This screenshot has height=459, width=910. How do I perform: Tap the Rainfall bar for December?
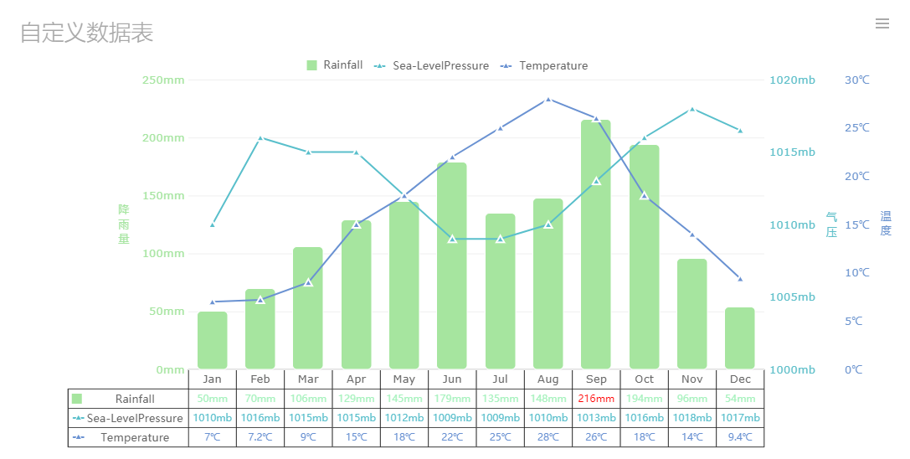(740, 338)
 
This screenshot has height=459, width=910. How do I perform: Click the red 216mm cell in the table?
(596, 399)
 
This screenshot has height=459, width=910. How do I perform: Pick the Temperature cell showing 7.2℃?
(260, 437)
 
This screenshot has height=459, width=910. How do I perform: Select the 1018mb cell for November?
(692, 418)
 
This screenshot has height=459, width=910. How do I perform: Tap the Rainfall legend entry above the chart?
(335, 65)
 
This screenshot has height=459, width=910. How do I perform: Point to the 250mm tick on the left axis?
(163, 80)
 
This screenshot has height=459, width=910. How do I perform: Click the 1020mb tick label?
(792, 80)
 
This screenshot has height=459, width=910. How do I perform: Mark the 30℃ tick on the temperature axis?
(857, 80)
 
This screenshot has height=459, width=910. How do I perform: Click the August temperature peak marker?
(548, 99)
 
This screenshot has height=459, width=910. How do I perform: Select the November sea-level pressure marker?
(692, 109)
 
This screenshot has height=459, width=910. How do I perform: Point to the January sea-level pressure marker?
(213, 224)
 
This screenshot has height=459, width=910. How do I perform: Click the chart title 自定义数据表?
(86, 33)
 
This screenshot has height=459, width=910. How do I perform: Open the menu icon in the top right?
(882, 23)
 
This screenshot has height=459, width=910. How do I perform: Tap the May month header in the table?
(404, 379)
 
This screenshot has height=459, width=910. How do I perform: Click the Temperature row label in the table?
(134, 437)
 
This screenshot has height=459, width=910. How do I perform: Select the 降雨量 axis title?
(124, 224)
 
